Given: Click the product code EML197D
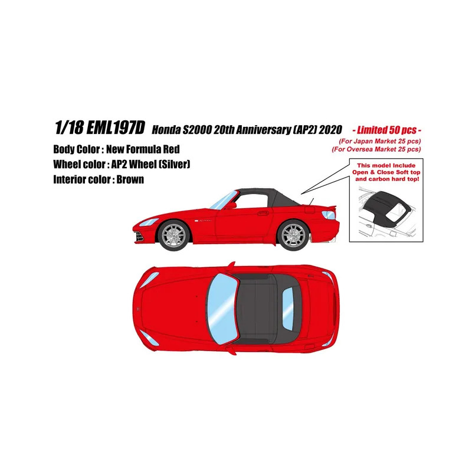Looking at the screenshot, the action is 116,127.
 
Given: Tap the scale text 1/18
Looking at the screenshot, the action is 69,127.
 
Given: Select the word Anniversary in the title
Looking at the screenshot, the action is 263,130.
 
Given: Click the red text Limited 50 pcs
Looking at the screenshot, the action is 387,130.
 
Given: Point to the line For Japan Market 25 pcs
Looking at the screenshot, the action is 379,141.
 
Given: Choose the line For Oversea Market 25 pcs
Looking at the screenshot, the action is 376,149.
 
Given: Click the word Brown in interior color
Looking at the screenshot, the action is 130,179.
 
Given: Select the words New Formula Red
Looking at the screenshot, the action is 143,149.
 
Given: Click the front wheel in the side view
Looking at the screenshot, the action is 174,236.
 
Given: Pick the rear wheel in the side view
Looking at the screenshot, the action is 293,236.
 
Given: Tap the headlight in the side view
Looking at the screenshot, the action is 149,222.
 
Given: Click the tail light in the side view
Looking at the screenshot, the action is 329,215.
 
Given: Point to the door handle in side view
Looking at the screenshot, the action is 263,213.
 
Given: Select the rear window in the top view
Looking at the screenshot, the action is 288,309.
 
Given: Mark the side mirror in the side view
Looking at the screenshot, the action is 231,205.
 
